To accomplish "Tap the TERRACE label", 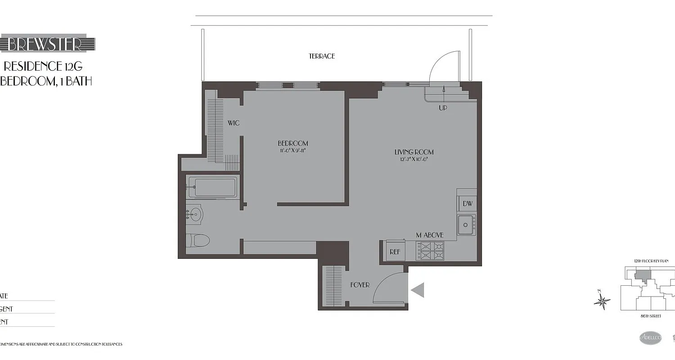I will pos(322,56).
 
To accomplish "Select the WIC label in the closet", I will pos(233,123).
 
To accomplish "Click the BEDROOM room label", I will pos(292,144).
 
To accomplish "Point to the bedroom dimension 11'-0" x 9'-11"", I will pos(292,151).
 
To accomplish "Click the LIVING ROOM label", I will pos(414,152).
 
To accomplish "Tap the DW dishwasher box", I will pos(468,204).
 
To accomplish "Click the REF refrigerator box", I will pos(395,252).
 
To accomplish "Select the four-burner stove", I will pos(430,251).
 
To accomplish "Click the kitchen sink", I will pos(466,225).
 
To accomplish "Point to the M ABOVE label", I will pos(429,235).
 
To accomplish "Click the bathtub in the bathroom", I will pos(212,187).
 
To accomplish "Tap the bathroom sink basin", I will pos(195,213).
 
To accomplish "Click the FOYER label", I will pos(360,285).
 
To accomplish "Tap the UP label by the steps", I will pos(443,108).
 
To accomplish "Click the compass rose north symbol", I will pos(602,301).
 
